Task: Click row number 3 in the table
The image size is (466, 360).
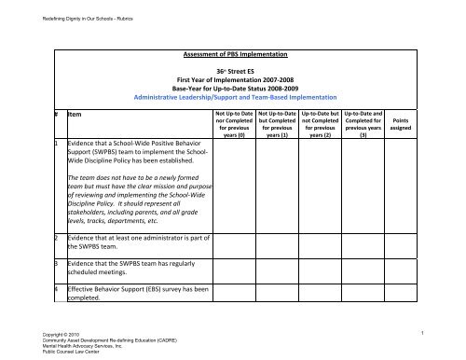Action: tap(57, 270)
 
